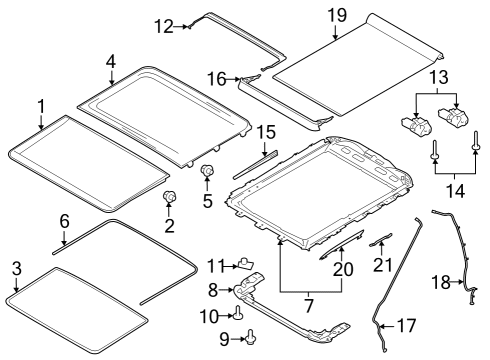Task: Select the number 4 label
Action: tap(111, 63)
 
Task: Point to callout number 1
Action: tap(41, 105)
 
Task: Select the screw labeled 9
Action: tap(250, 335)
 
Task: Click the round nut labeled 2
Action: tap(169, 196)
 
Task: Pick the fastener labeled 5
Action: tap(207, 172)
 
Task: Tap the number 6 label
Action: tap(63, 220)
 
